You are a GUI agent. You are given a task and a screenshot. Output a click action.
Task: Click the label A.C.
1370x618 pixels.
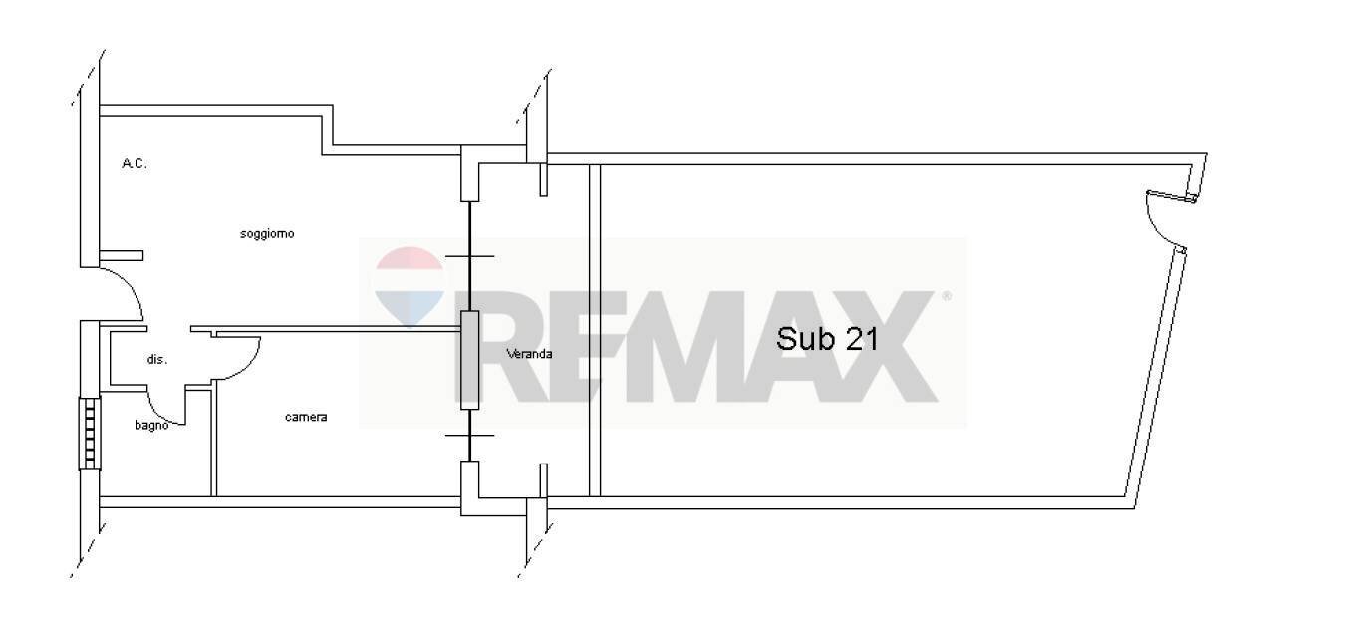(135, 164)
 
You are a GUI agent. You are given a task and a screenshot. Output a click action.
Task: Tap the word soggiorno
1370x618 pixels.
(267, 233)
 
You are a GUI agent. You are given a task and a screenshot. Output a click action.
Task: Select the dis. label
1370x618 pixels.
(157, 359)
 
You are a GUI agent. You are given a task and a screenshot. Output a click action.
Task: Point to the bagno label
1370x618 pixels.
(151, 425)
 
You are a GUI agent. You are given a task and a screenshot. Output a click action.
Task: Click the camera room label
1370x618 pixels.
(306, 417)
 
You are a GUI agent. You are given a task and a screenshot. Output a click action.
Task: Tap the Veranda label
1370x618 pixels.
(530, 354)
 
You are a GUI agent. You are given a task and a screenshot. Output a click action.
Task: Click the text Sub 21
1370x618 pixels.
(828, 338)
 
